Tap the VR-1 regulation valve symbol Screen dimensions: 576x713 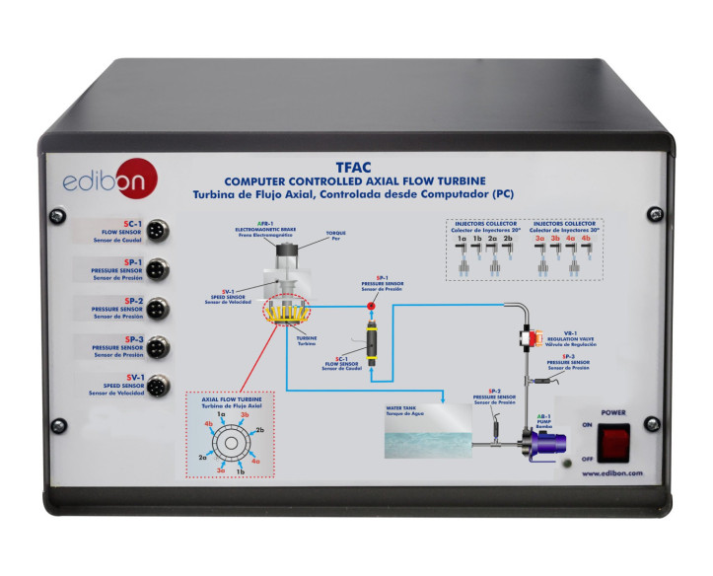pos(524,338)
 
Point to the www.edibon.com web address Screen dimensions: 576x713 pos(611,473)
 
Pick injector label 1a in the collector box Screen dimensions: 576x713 pos(462,238)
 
